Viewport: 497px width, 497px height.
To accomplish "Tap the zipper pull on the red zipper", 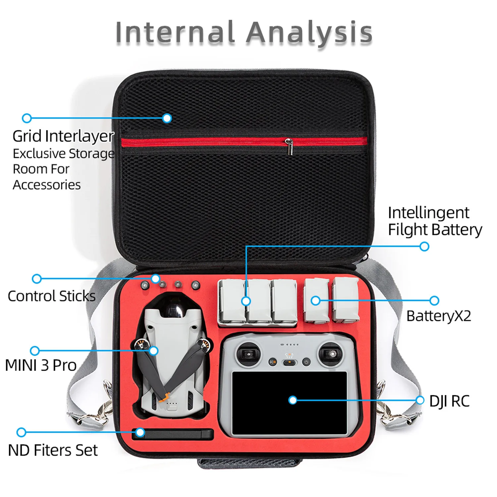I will click(x=290, y=147).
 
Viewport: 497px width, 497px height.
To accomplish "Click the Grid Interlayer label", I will click(x=63, y=136).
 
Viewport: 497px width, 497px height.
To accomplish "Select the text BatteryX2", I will click(x=438, y=316).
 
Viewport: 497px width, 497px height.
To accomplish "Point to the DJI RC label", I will click(x=449, y=401).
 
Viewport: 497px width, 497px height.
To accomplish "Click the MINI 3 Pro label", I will click(x=41, y=365).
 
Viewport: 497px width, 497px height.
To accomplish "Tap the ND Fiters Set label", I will click(x=53, y=450).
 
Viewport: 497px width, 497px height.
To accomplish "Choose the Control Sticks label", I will click(x=51, y=296).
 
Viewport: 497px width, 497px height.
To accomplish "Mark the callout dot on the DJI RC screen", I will click(x=293, y=400).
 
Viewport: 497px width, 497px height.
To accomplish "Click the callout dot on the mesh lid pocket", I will click(x=167, y=118).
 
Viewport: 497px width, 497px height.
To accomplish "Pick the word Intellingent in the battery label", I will click(x=428, y=213).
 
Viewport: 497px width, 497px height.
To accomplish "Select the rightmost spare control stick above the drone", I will click(x=196, y=285).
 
